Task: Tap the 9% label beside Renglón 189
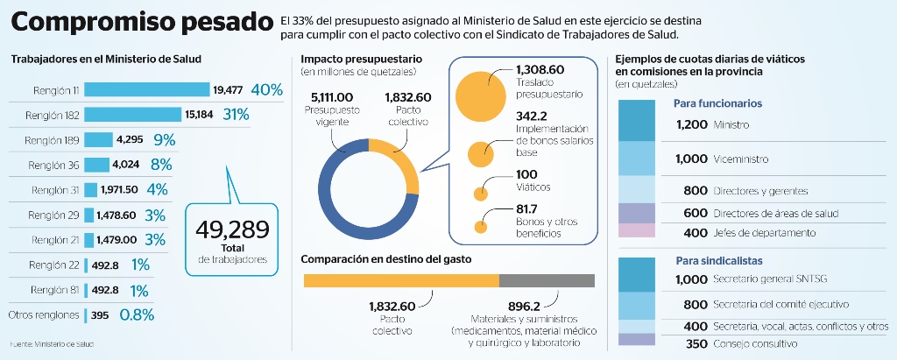tap(164, 139)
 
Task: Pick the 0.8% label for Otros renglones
tap(137, 315)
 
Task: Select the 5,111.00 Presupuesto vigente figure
tap(332, 97)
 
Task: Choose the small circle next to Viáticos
tap(480, 193)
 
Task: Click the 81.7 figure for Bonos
tap(529, 209)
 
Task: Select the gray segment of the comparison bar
tap(547, 280)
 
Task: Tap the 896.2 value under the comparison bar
tap(524, 306)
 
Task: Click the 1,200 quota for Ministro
tap(691, 124)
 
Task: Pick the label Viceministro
tap(741, 159)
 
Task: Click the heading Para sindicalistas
tap(718, 261)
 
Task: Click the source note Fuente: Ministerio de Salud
tap(52, 343)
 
